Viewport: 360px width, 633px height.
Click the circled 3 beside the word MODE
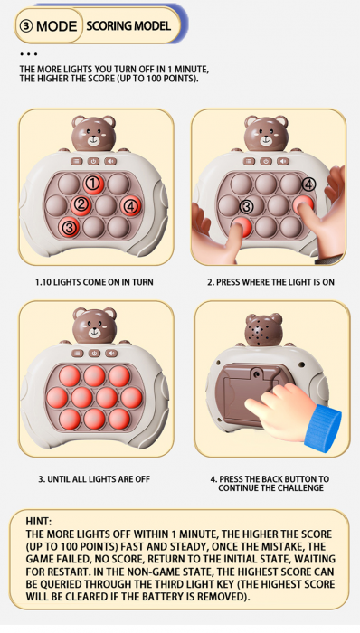coord(27,26)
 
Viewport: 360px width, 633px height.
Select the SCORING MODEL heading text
coord(128,26)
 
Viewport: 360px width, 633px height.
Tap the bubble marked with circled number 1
coord(93,184)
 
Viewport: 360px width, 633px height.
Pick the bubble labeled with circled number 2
coord(81,204)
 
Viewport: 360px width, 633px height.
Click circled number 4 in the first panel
coord(130,205)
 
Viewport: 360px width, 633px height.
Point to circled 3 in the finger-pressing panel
coord(245,206)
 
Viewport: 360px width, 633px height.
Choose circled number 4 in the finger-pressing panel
coord(308,184)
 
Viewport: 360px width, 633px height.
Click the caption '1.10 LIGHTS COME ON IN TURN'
coord(94,282)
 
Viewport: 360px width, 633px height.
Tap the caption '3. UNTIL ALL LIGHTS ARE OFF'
coord(94,477)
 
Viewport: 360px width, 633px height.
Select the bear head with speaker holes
coord(264,330)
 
